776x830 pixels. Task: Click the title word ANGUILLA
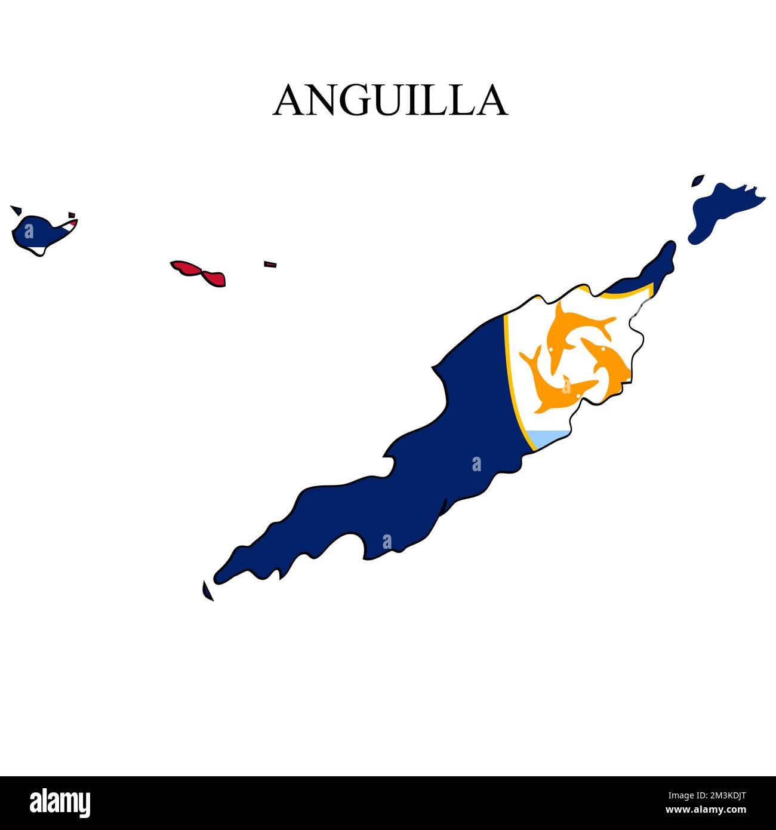390,100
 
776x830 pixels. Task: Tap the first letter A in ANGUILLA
288,100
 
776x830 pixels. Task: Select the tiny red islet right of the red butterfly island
270,264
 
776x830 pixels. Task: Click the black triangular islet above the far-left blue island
16,210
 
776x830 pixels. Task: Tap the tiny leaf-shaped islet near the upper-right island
697,180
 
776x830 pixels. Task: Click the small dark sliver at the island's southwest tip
207,591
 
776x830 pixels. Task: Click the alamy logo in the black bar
60,803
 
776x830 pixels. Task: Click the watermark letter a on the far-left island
29,231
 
